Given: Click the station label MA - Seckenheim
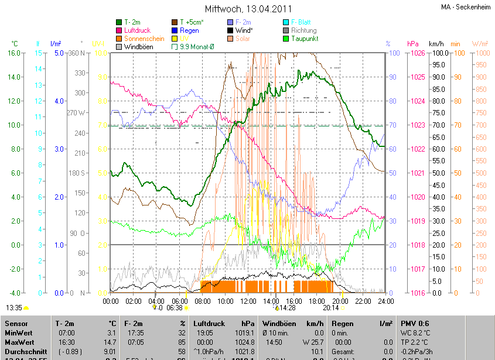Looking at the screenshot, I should (466, 7).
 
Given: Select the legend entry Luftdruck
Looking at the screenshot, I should (136, 30).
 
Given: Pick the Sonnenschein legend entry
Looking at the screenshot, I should (144, 38).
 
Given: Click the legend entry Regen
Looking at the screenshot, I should (189, 30).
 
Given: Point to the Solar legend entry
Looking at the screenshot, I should (245, 38).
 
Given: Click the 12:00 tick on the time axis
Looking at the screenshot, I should (248, 301).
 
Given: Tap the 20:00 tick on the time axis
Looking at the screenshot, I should (339, 301).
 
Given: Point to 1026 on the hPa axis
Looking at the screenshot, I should (415, 53).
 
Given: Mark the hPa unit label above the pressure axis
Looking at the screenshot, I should (413, 44).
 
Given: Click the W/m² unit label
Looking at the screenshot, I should (480, 44).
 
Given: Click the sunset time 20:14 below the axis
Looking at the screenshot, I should (332, 307).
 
